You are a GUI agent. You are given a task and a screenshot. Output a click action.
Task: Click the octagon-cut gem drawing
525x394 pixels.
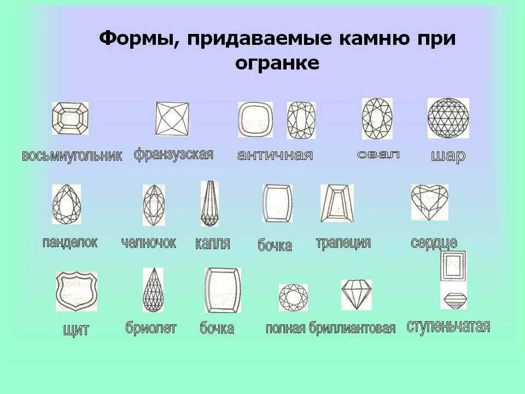[x=70, y=118]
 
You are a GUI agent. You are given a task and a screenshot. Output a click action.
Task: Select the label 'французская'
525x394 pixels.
[x=173, y=154]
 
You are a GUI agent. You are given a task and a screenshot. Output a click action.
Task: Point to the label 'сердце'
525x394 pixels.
[x=434, y=243]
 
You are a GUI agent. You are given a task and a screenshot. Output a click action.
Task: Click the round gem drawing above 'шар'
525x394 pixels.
[x=448, y=118]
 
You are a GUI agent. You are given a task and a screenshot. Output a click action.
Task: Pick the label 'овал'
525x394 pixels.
[x=378, y=154]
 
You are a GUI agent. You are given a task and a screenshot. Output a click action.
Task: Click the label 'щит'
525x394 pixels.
[x=76, y=329]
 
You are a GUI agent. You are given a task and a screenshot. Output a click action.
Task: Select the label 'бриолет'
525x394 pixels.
[x=151, y=328]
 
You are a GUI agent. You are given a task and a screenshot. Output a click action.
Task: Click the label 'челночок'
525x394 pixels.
[x=149, y=243]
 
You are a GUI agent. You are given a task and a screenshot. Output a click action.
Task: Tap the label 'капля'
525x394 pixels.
[x=212, y=244]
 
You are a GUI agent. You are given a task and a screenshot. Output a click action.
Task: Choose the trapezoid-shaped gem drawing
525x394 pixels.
[x=337, y=203]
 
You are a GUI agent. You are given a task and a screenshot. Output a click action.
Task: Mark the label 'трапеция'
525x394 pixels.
[x=343, y=243]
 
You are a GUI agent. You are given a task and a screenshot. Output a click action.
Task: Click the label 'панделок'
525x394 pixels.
[x=70, y=242]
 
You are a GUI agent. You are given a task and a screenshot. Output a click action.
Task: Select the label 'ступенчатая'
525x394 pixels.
[x=448, y=327]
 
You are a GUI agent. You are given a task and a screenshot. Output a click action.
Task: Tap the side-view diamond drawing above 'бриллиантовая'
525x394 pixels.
[x=356, y=294]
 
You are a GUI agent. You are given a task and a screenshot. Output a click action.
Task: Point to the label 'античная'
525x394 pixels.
[x=275, y=155]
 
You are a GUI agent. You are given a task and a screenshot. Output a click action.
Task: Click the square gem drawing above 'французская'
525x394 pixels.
[x=173, y=119]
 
